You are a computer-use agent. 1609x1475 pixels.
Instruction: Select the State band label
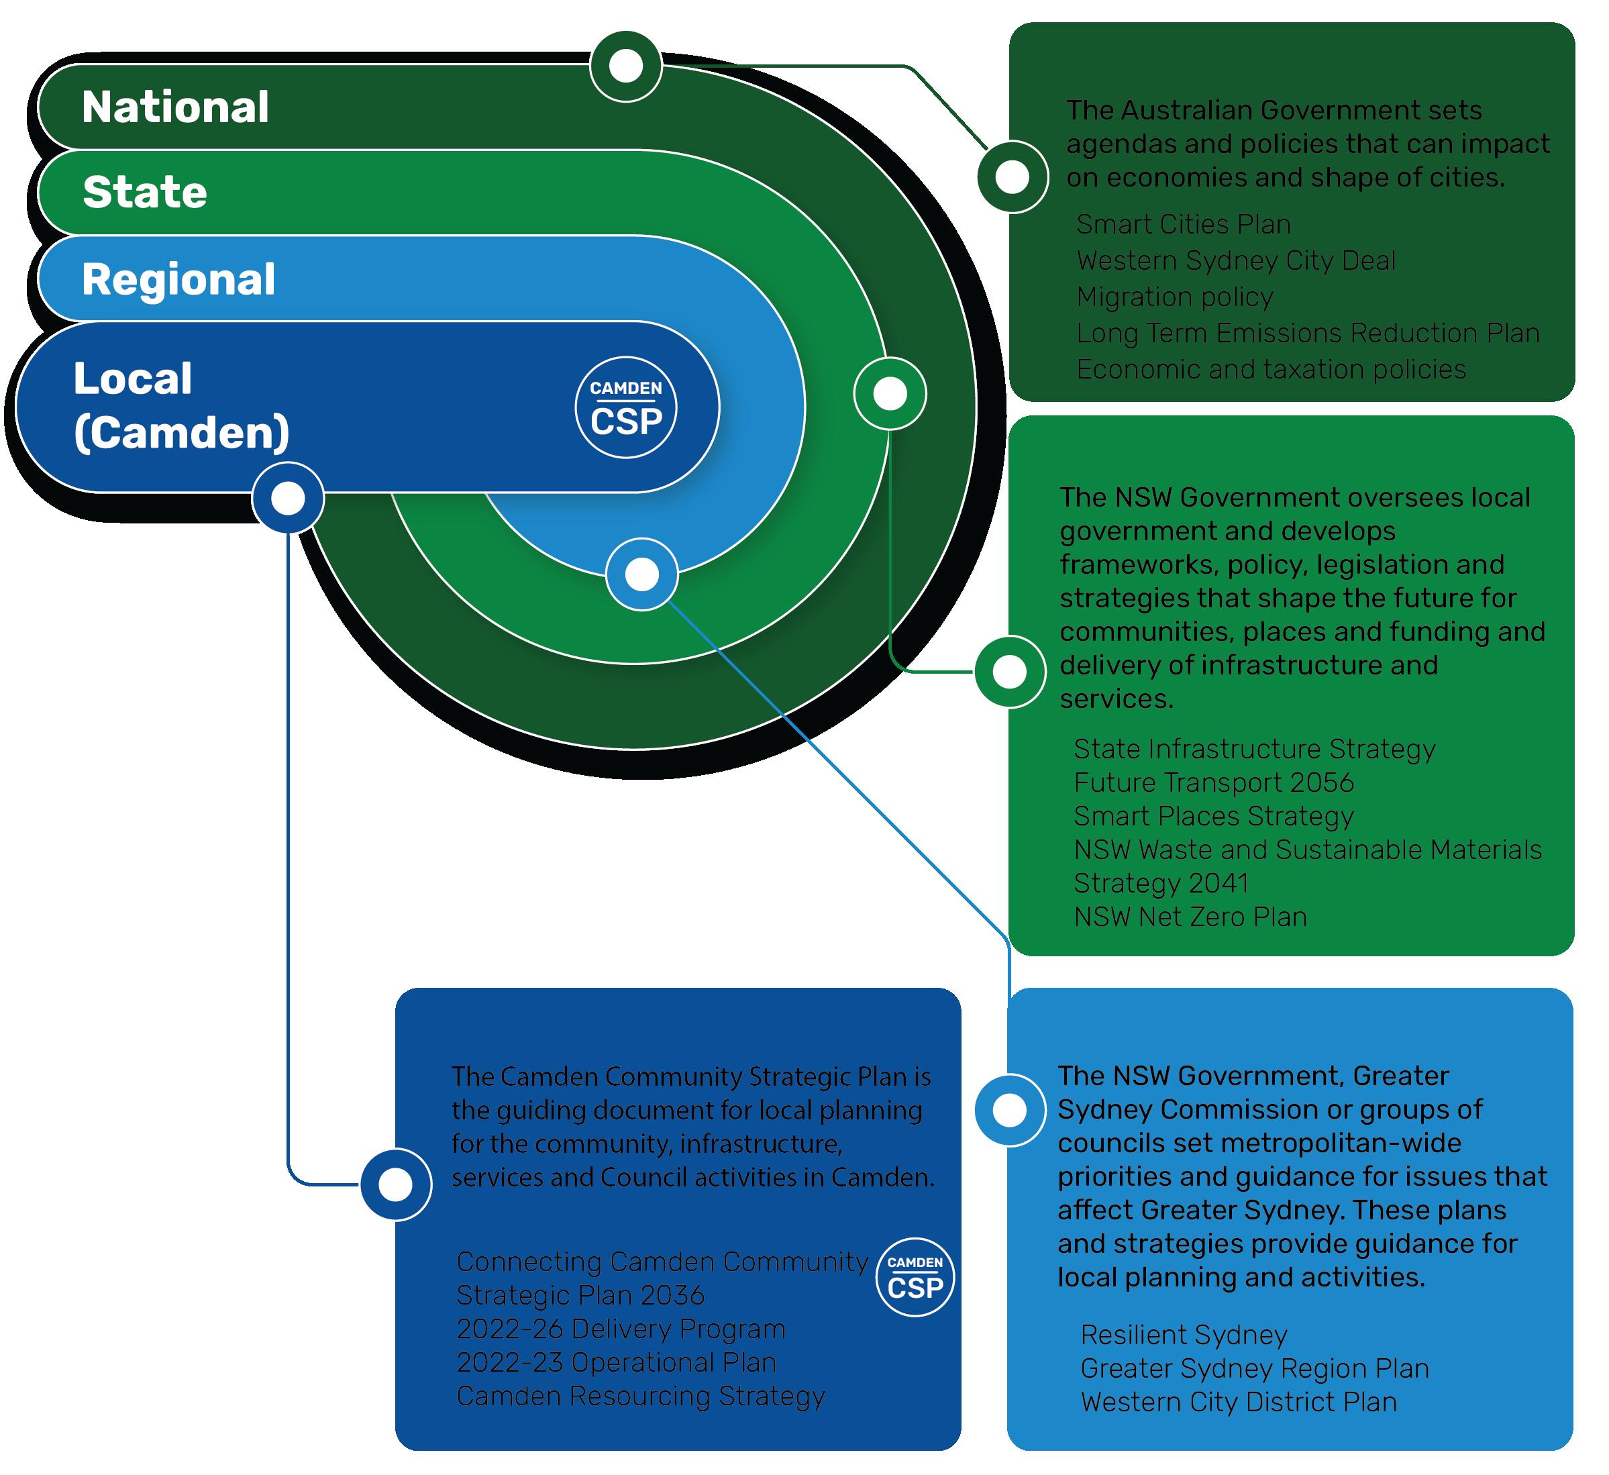144,193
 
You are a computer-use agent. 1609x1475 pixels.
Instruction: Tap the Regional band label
178,279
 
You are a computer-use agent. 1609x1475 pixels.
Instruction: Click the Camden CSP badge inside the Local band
626,407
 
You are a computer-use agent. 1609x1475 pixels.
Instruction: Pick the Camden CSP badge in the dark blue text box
915,1277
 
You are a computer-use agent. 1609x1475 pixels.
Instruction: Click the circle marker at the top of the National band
626,66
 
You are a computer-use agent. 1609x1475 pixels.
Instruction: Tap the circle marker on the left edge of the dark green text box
1013,176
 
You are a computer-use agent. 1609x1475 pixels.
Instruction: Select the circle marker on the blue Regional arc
641,574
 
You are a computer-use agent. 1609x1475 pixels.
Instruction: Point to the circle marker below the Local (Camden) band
288,498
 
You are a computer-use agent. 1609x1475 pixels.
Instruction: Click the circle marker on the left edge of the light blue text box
1010,1110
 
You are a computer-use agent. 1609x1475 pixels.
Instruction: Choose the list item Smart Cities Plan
1183,225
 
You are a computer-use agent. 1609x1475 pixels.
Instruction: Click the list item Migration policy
1174,297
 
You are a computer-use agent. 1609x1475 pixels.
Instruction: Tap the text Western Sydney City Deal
1235,261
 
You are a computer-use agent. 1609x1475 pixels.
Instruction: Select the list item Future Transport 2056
1213,782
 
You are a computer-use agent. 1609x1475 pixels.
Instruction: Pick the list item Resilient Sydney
1184,1335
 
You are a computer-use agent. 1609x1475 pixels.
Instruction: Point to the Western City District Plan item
1238,1402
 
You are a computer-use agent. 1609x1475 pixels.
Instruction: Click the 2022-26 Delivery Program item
621,1329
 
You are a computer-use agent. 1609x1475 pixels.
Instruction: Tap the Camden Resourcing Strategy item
640,1396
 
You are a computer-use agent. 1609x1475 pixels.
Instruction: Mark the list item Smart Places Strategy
1213,816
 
